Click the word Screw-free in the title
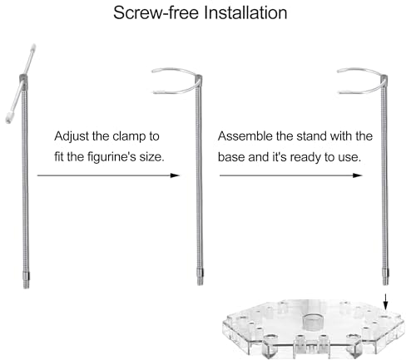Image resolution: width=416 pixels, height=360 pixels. click(x=156, y=12)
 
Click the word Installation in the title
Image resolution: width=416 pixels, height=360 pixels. click(x=245, y=12)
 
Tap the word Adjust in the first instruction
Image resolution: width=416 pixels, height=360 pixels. click(x=72, y=136)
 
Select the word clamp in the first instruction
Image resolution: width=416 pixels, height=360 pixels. click(x=129, y=136)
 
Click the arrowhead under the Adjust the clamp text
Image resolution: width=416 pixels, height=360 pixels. click(x=175, y=175)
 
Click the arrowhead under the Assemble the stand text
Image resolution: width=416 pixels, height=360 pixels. click(x=357, y=175)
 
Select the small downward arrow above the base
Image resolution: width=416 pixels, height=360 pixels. click(x=386, y=301)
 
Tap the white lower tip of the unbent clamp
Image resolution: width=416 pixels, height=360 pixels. click(x=9, y=117)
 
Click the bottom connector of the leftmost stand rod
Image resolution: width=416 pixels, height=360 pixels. click(x=26, y=280)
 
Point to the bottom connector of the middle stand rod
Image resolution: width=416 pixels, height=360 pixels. click(x=200, y=276)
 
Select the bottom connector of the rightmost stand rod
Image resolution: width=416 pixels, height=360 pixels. click(x=385, y=276)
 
